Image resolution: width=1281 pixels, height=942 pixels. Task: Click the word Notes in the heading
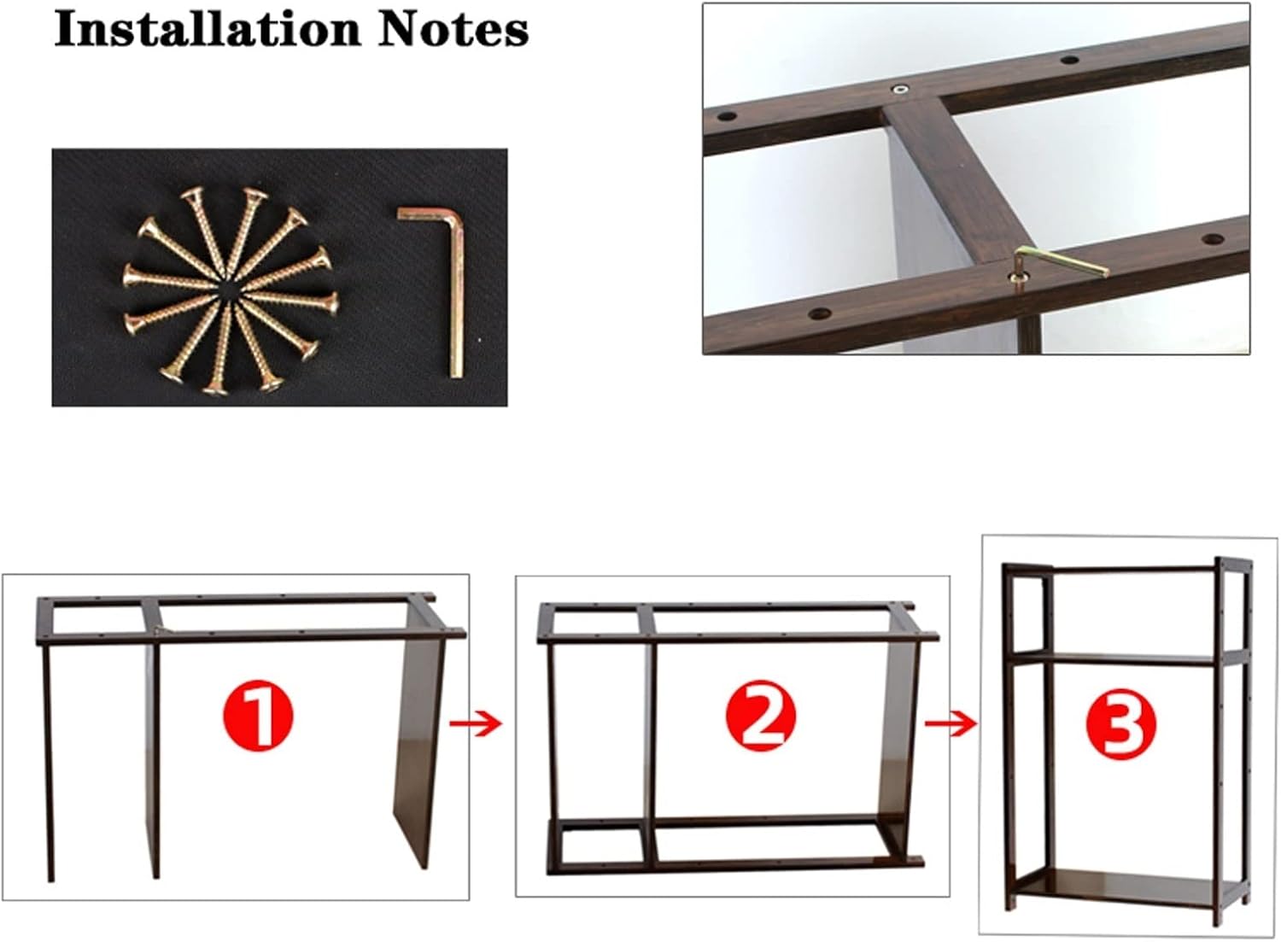[x=453, y=29]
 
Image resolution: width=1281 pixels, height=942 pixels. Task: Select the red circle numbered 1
[x=258, y=717]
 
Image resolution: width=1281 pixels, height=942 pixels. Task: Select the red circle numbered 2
[x=761, y=717]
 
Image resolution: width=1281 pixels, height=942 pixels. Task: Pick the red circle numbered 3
[x=1120, y=724]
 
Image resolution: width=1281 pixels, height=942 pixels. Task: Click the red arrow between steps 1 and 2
[x=476, y=725]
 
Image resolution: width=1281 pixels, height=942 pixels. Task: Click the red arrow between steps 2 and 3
[x=951, y=725]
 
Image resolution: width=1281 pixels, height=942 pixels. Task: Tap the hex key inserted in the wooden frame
[x=1059, y=260]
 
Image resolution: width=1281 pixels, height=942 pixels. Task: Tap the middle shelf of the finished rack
[x=1119, y=658]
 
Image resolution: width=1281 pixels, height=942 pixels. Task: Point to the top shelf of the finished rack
[x=1119, y=568]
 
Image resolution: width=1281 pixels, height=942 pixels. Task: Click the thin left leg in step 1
[x=47, y=760]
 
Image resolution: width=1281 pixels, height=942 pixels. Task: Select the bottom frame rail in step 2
[x=734, y=865]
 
